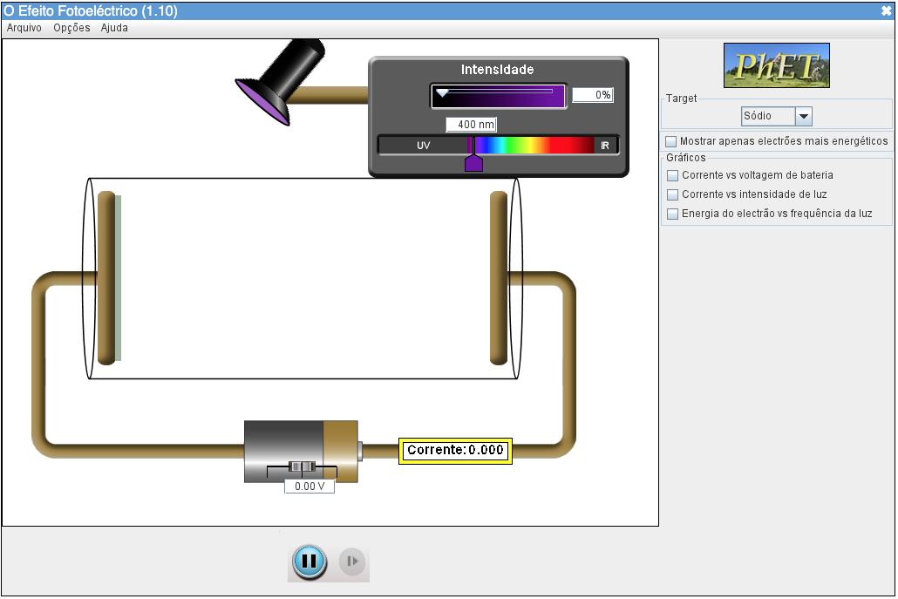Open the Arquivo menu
pos(24,28)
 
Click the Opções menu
pos(71,28)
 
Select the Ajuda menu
pos(114,28)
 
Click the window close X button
pos(886,10)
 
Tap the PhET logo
pos(777,65)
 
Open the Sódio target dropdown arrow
pos(804,116)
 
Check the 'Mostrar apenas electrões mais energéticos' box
pos(670,141)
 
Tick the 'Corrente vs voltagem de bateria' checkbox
pos(672,175)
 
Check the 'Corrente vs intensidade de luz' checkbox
pos(672,194)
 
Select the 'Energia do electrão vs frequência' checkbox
pos(672,214)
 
